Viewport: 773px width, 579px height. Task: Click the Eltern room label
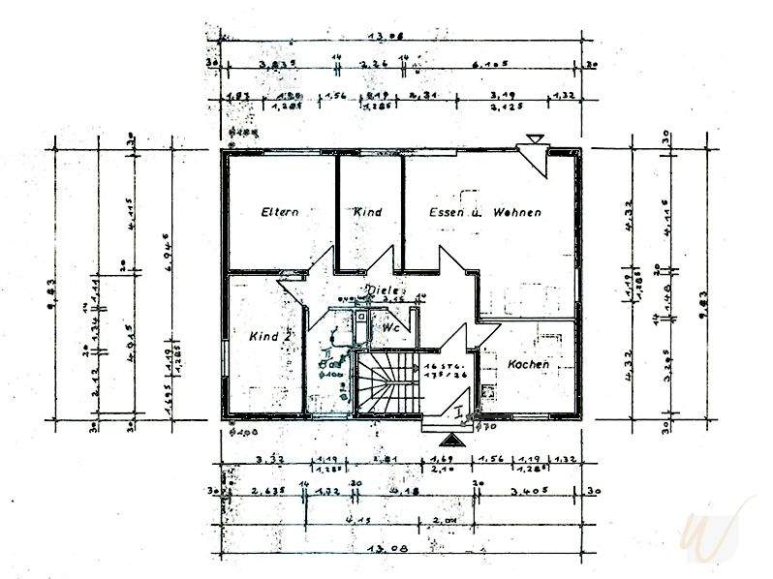[x=279, y=211]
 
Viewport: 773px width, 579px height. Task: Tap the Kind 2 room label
[x=270, y=336]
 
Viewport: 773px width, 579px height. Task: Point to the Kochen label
[x=529, y=365]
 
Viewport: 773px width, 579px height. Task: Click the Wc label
[x=391, y=328]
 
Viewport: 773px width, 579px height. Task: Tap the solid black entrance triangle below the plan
[x=458, y=439]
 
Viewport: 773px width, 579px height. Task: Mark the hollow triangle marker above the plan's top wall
[x=531, y=141]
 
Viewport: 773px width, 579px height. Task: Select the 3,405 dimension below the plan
[x=534, y=491]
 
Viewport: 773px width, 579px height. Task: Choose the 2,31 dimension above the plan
[x=422, y=96]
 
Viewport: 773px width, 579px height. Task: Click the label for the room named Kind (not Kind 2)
[x=368, y=211]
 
